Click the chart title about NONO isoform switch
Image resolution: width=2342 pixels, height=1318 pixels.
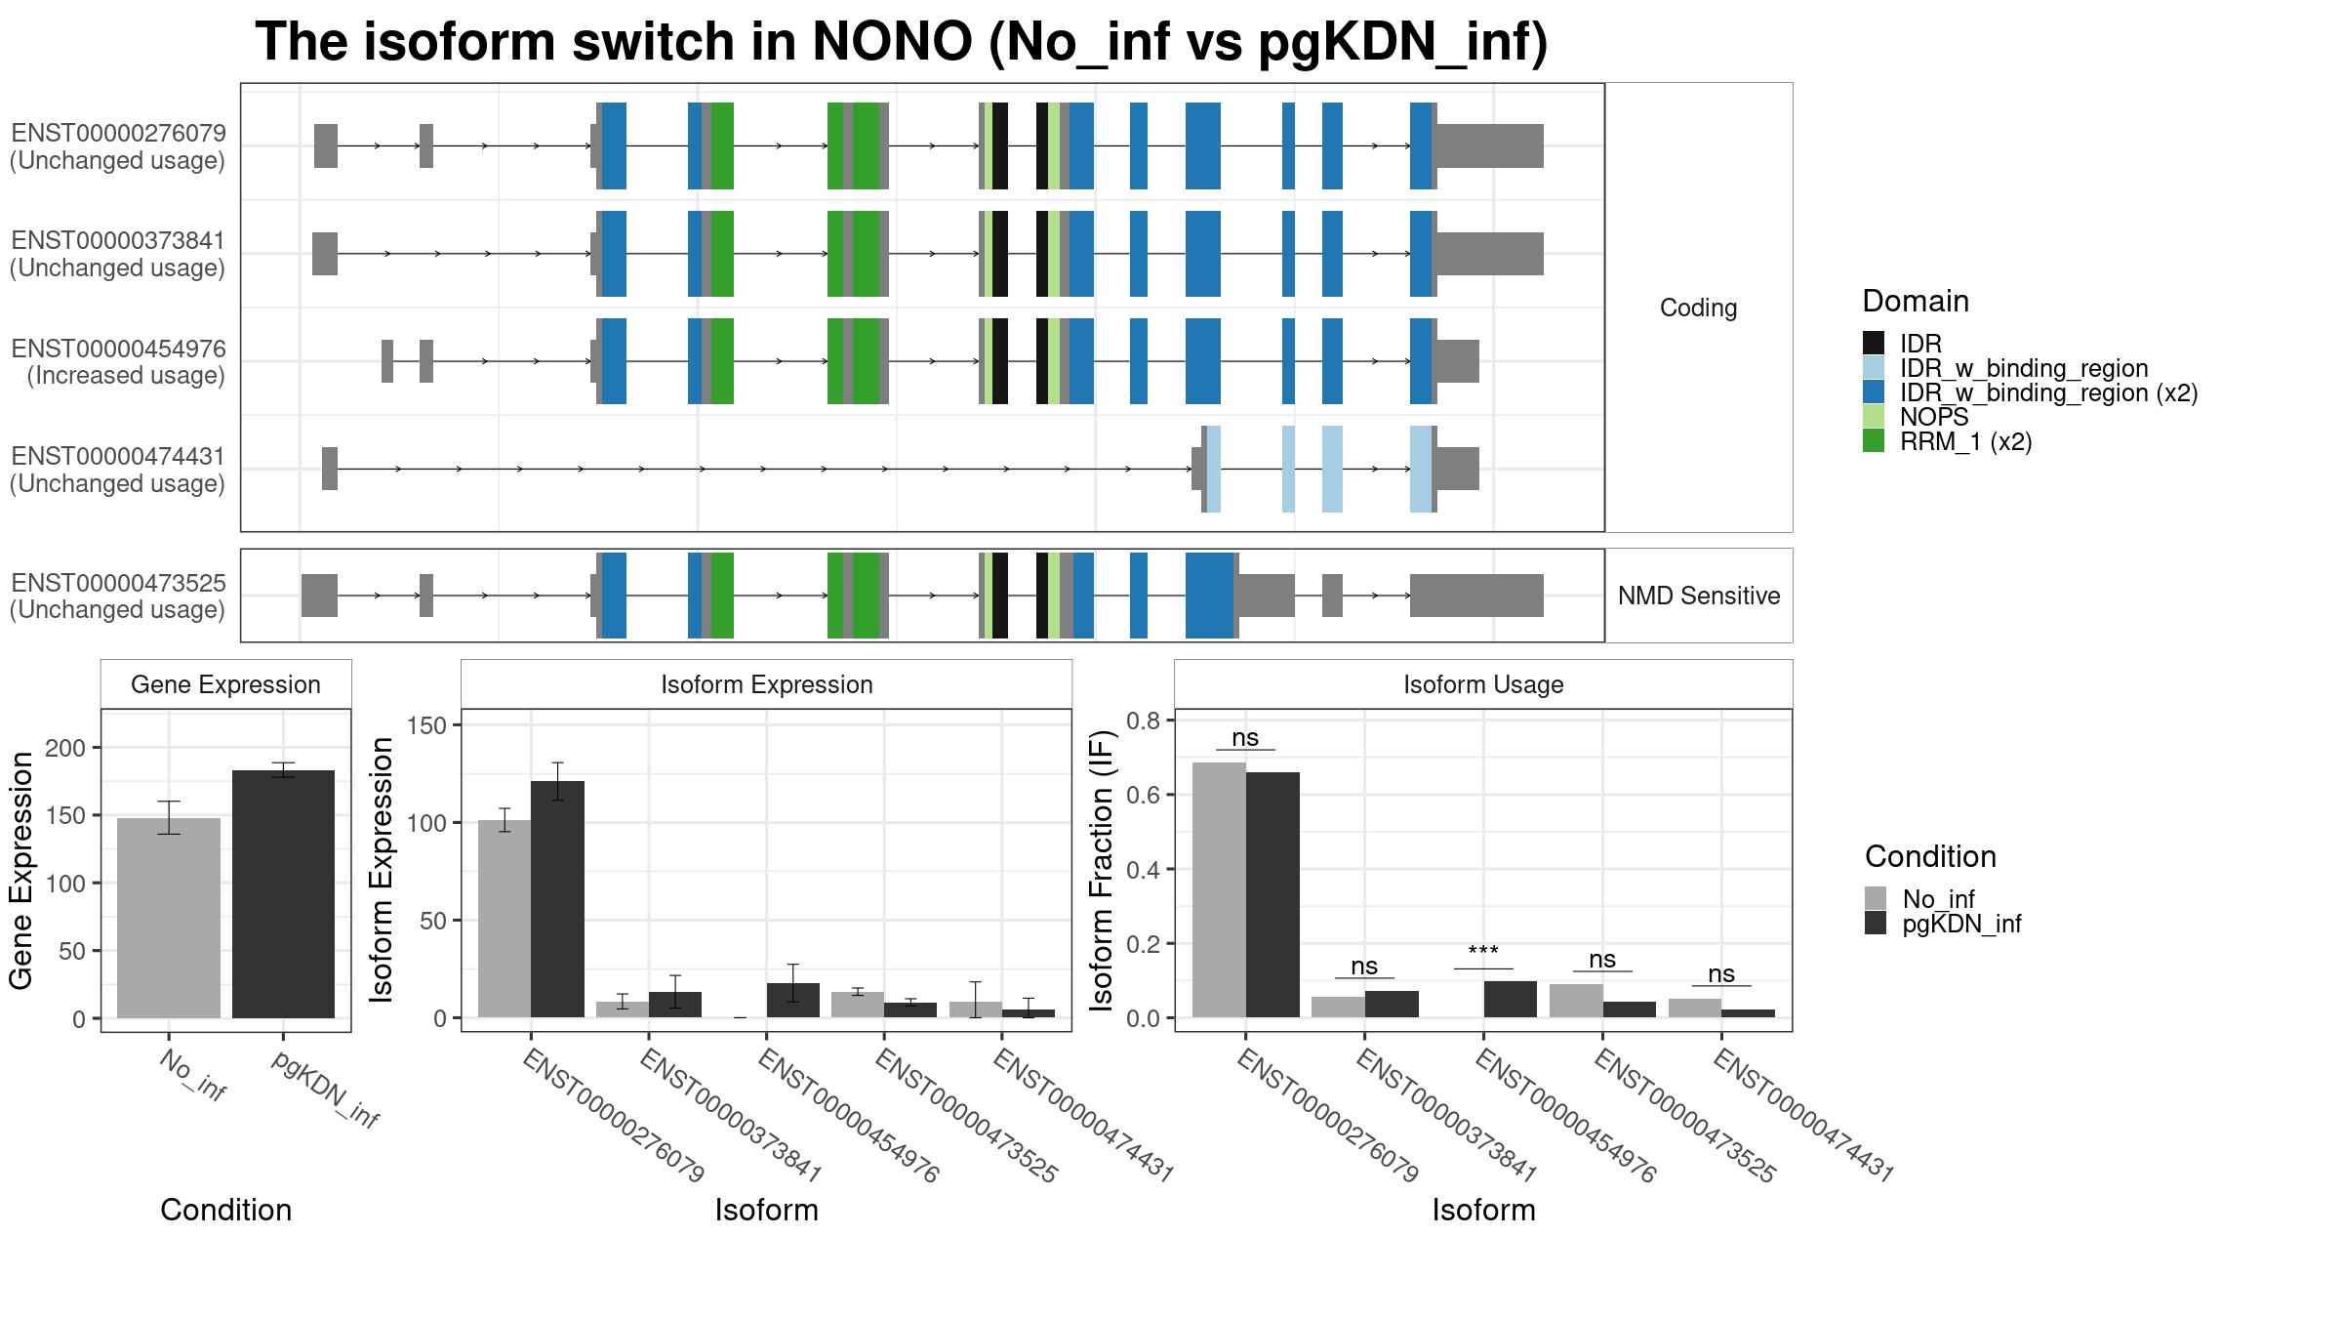(x=901, y=43)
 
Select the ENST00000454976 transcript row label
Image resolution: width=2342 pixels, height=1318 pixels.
(x=118, y=349)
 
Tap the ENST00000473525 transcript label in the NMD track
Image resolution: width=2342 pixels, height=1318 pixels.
(x=118, y=583)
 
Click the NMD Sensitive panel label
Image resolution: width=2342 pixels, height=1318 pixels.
(x=1699, y=596)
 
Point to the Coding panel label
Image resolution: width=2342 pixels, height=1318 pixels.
(x=1699, y=308)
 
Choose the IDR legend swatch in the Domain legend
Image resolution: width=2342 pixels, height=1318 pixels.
(x=1874, y=343)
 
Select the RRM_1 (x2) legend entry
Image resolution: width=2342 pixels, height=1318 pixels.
(x=1948, y=441)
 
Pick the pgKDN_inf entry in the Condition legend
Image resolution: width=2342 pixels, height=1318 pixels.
(x=1943, y=924)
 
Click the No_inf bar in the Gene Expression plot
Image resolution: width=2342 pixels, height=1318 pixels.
(x=169, y=918)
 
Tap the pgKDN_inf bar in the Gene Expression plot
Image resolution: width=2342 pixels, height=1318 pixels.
(x=283, y=894)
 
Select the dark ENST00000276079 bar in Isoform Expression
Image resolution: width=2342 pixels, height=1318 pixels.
(x=557, y=899)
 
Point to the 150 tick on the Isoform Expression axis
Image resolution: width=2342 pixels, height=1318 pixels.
(x=426, y=724)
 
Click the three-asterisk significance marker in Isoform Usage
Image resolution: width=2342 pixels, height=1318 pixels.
(x=1483, y=950)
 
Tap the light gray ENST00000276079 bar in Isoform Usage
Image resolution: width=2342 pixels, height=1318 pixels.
(x=1219, y=889)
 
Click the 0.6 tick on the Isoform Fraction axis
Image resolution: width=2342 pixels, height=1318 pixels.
(x=1144, y=795)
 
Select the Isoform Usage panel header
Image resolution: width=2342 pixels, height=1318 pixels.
(x=1483, y=684)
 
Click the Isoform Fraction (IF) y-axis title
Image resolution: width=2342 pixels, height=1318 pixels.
(x=1102, y=869)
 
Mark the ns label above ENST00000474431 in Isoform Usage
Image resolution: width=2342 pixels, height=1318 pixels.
(x=1721, y=973)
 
